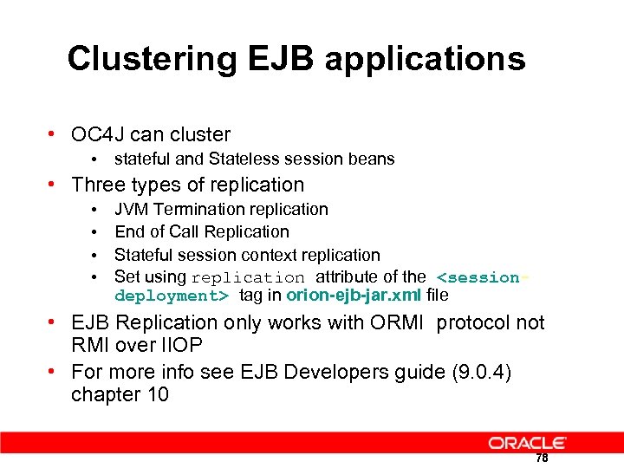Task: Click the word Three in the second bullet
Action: pos(97,185)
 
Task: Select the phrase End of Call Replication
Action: pos(201,231)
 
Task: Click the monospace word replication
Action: pos(248,278)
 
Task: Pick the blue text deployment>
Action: pos(172,296)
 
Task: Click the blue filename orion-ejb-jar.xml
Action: pos(354,296)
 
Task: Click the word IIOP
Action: pos(181,346)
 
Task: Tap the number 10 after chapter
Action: pos(156,394)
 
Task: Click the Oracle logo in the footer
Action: pos(527,443)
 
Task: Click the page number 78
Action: pos(542,458)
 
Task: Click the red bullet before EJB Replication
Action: pos(54,323)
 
